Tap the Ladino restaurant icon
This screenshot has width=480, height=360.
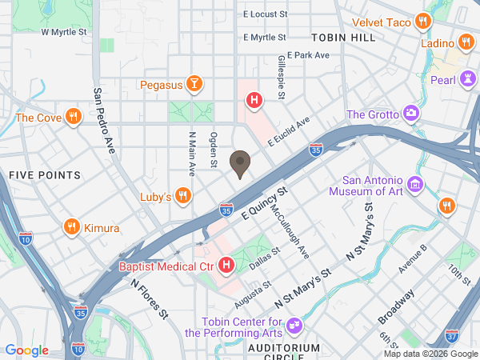click(x=464, y=42)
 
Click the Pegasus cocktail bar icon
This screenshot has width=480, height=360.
click(x=194, y=83)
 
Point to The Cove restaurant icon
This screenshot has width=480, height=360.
click(x=73, y=118)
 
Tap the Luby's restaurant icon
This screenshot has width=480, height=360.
click(x=183, y=196)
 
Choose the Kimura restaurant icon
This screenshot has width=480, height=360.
click(x=71, y=228)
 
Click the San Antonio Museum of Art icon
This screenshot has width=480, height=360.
click(x=415, y=186)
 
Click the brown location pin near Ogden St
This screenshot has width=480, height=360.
click(x=239, y=163)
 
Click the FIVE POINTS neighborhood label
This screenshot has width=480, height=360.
click(x=45, y=174)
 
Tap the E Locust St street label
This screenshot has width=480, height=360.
click(x=265, y=14)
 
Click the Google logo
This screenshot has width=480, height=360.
click(x=27, y=350)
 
